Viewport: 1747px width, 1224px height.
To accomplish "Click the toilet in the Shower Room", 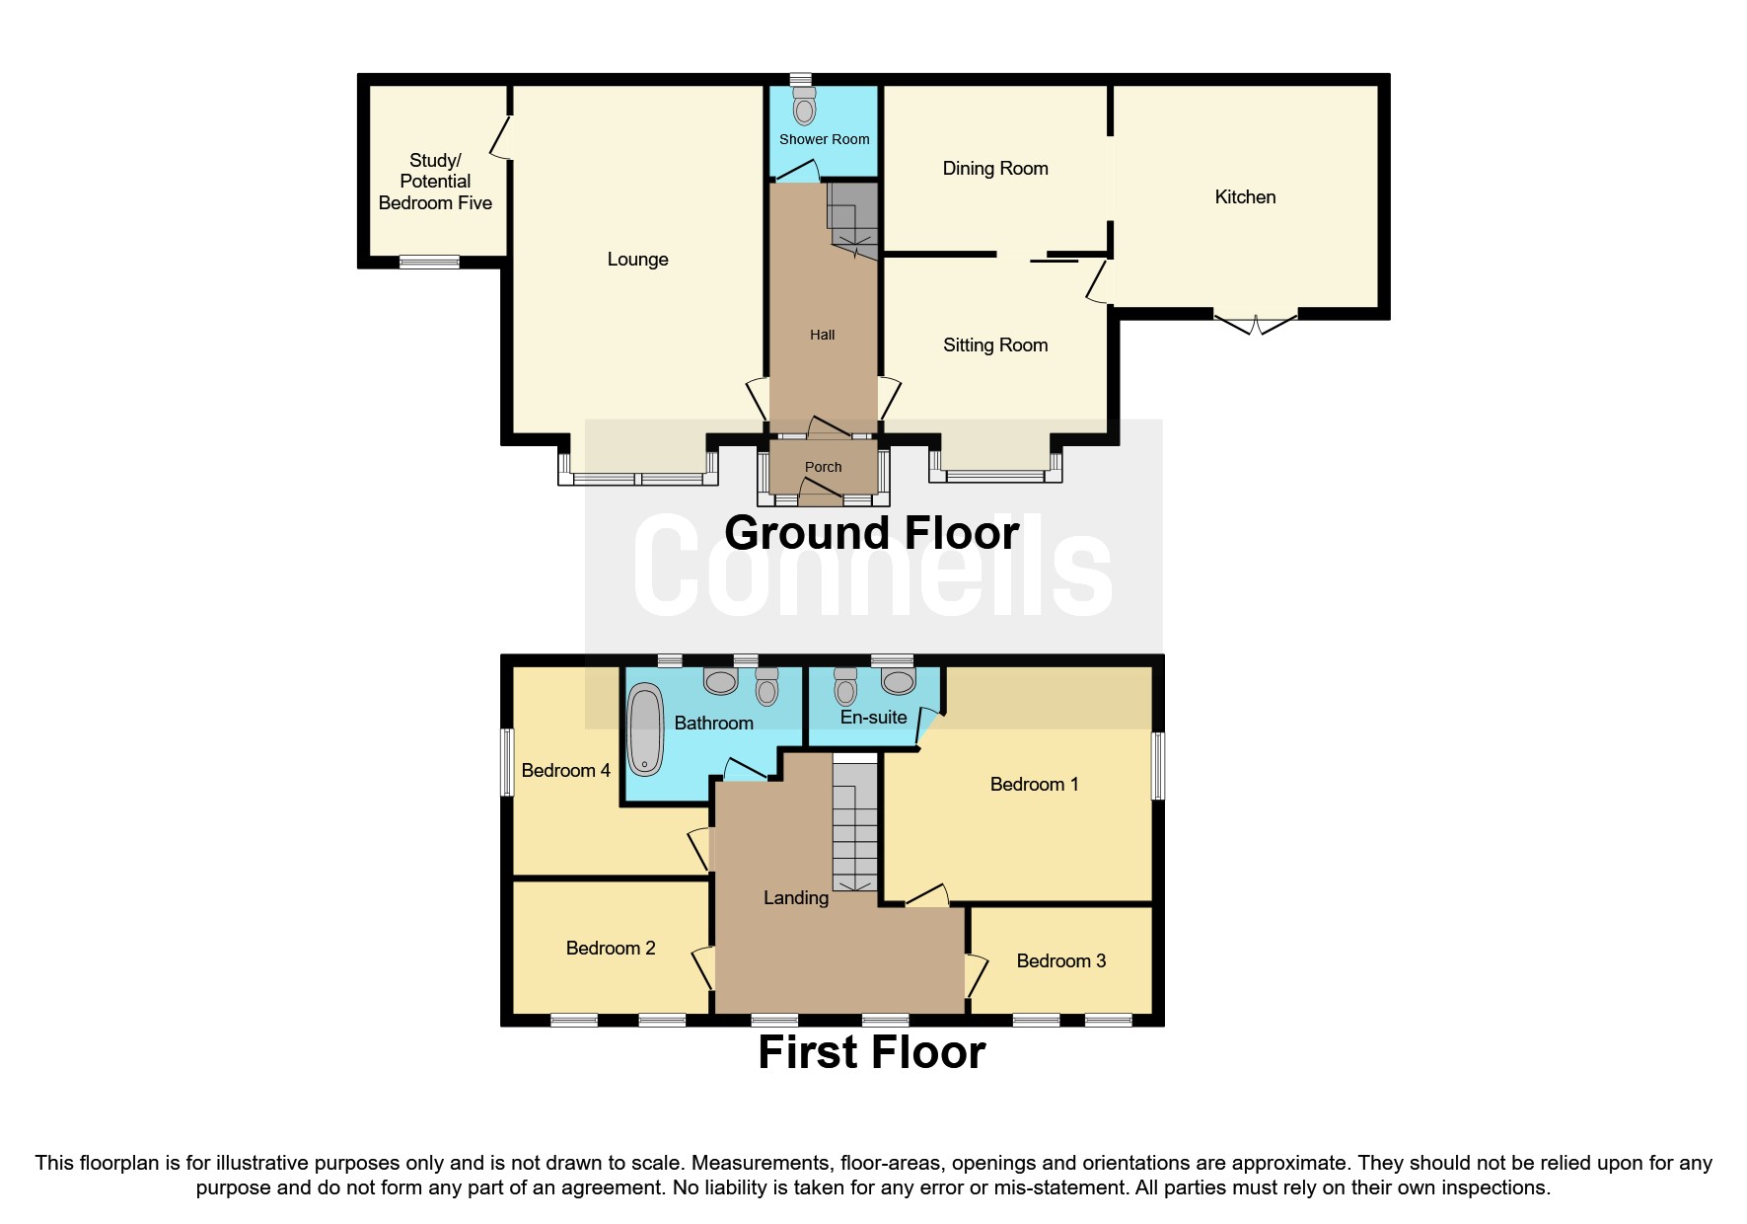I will point(805,107).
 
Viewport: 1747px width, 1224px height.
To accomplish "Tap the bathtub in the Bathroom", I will point(645,730).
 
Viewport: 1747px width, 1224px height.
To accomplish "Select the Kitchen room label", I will point(1245,197).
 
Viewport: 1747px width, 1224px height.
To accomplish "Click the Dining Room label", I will point(995,169).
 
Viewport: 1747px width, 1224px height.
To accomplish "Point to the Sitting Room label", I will point(995,345).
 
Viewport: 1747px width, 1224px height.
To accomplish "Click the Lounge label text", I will point(637,260).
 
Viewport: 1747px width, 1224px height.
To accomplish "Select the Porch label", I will point(823,467).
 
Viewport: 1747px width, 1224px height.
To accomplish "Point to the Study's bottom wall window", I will point(429,262).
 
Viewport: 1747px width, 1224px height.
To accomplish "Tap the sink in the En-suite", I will point(899,681).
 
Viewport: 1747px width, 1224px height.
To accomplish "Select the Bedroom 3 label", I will point(1060,961).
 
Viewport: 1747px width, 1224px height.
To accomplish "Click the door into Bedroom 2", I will point(703,965).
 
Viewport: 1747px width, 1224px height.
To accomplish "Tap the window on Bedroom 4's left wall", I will point(507,762).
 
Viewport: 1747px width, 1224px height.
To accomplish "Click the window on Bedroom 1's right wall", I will point(1159,765).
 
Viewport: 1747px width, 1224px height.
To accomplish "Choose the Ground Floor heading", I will point(871,534).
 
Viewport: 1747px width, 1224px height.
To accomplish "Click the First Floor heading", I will point(871,1052).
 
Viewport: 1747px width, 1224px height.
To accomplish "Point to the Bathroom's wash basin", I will point(721,681).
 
